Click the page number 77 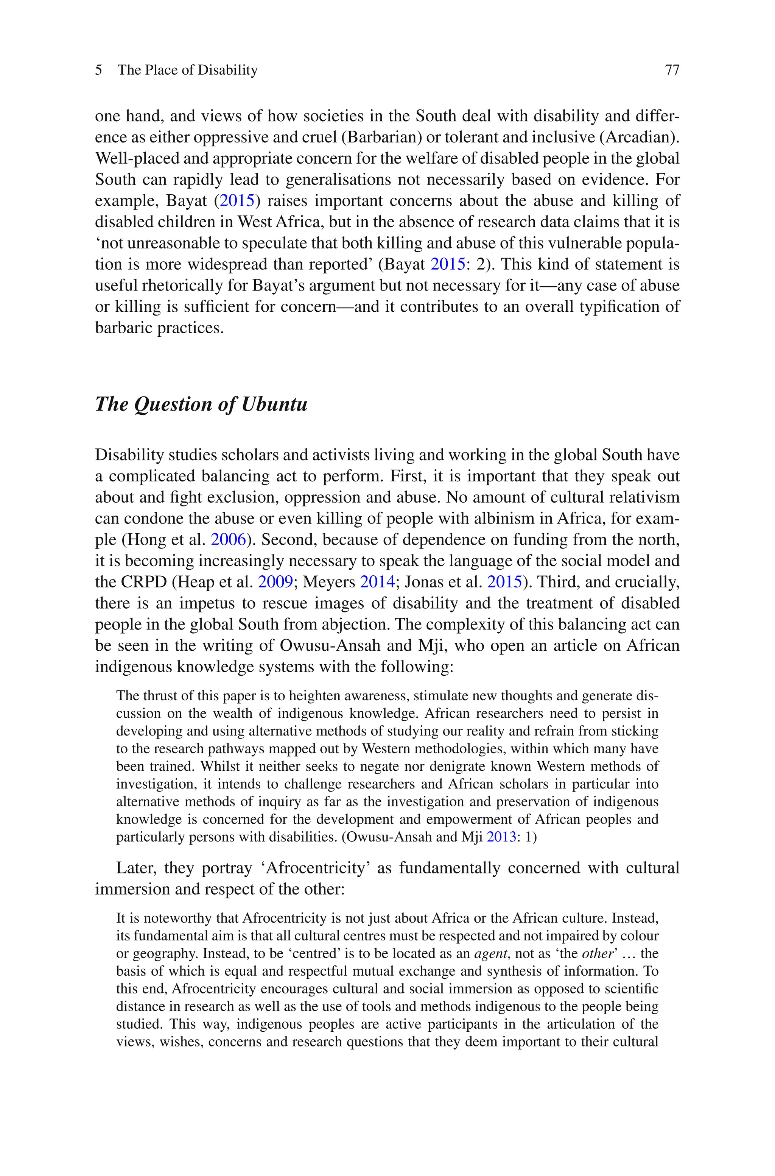click(x=672, y=70)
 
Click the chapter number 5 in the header click(x=99, y=70)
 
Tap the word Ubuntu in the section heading click(x=274, y=404)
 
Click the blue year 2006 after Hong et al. click(x=228, y=540)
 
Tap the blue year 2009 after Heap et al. click(x=275, y=582)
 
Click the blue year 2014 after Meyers click(x=377, y=582)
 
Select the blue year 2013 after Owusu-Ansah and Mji click(x=501, y=837)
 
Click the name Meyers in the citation click(x=329, y=582)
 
